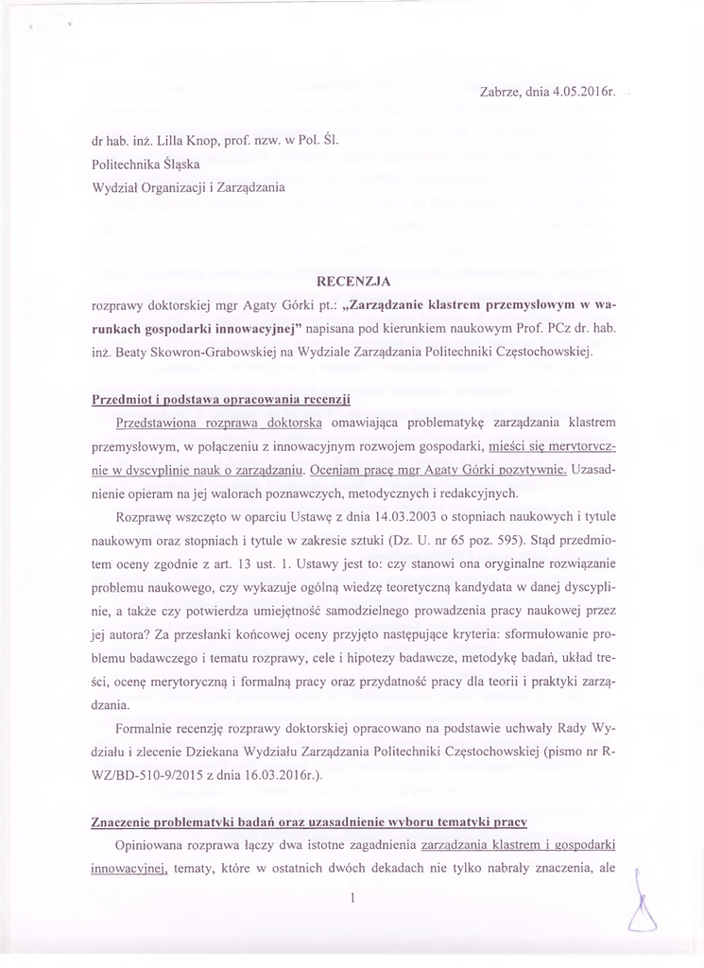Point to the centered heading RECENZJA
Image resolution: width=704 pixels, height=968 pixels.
point(352,281)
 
